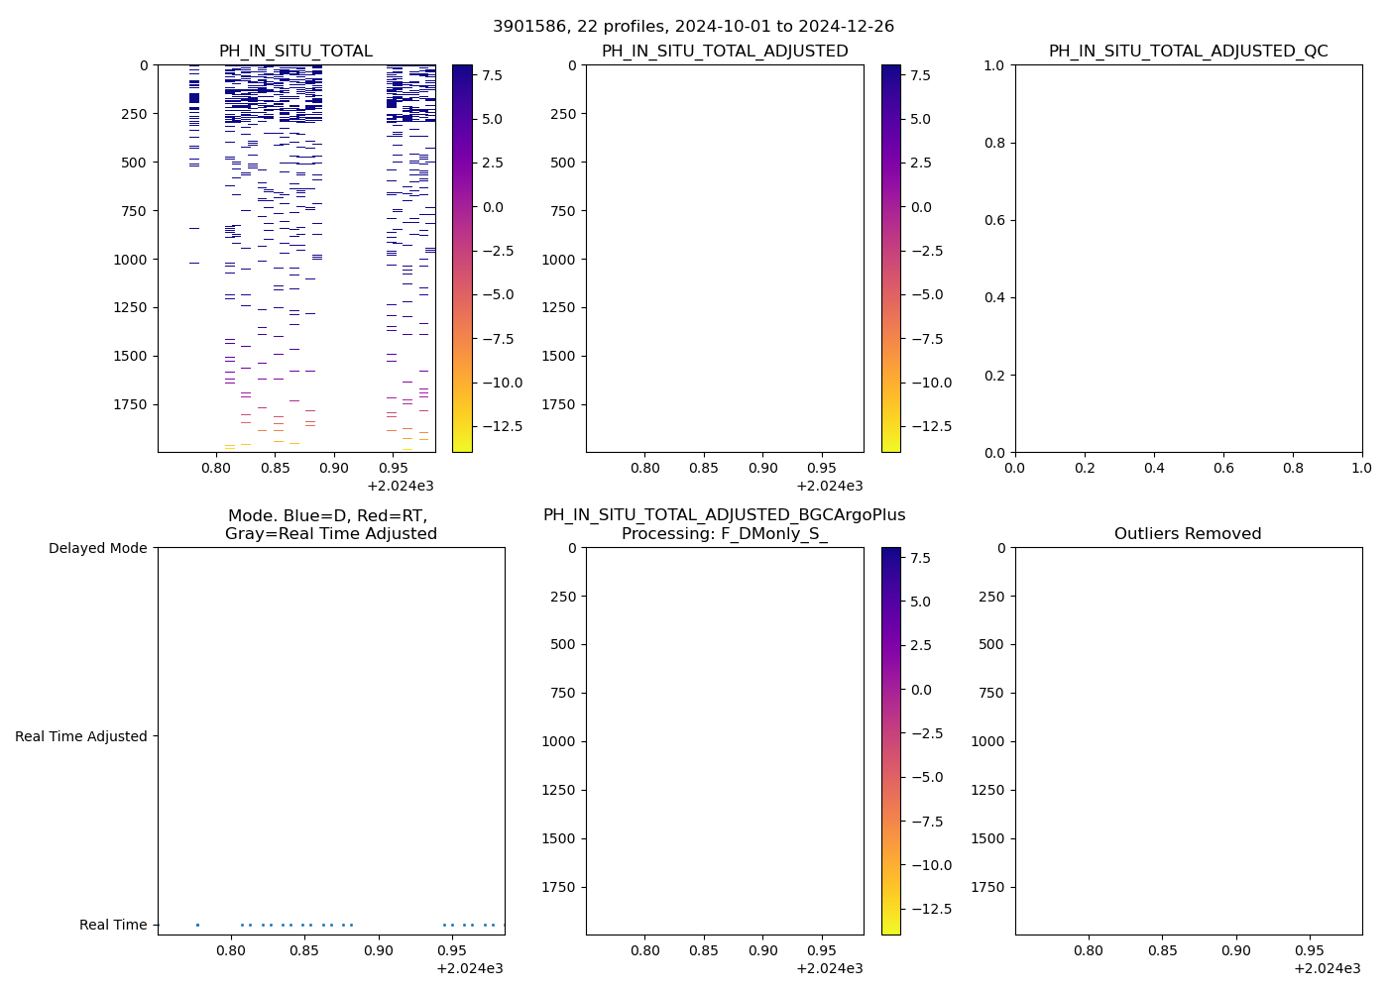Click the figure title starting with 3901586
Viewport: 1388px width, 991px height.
(x=693, y=27)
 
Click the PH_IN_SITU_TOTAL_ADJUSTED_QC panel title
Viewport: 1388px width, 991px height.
(x=1188, y=52)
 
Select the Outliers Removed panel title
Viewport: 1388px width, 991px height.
(x=1188, y=534)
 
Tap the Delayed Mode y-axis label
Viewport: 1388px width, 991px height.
(x=97, y=548)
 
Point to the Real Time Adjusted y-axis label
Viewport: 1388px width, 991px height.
(x=81, y=736)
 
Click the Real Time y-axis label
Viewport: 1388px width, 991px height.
(x=113, y=925)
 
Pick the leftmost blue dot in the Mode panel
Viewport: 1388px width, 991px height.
(x=197, y=925)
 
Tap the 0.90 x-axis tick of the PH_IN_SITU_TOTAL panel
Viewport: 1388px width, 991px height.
(x=334, y=467)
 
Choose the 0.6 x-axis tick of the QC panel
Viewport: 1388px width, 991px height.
(x=1223, y=467)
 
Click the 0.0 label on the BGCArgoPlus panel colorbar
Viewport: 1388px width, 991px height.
(x=921, y=690)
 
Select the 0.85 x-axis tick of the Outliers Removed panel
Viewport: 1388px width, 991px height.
(x=1163, y=949)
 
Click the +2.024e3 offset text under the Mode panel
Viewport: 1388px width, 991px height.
(x=470, y=968)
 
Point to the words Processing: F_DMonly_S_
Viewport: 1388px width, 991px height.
(x=725, y=534)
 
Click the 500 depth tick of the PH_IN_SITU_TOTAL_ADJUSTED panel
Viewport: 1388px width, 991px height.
(x=559, y=163)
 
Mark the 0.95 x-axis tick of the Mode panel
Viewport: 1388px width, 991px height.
(x=453, y=949)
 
